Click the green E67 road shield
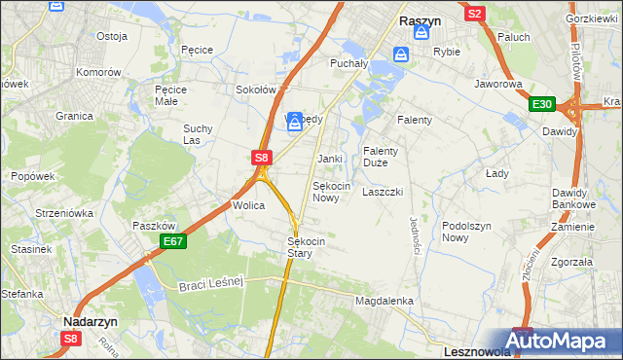pos(173,240)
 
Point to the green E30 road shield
pos(542,104)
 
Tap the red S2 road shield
pos(474,14)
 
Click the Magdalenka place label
pos(385,302)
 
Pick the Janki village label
pos(330,158)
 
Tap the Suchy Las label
pos(198,134)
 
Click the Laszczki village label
pos(383,192)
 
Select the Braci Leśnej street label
pos(209,284)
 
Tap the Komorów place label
pos(99,72)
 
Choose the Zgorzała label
pos(571,262)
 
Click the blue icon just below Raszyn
pos(421,33)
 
